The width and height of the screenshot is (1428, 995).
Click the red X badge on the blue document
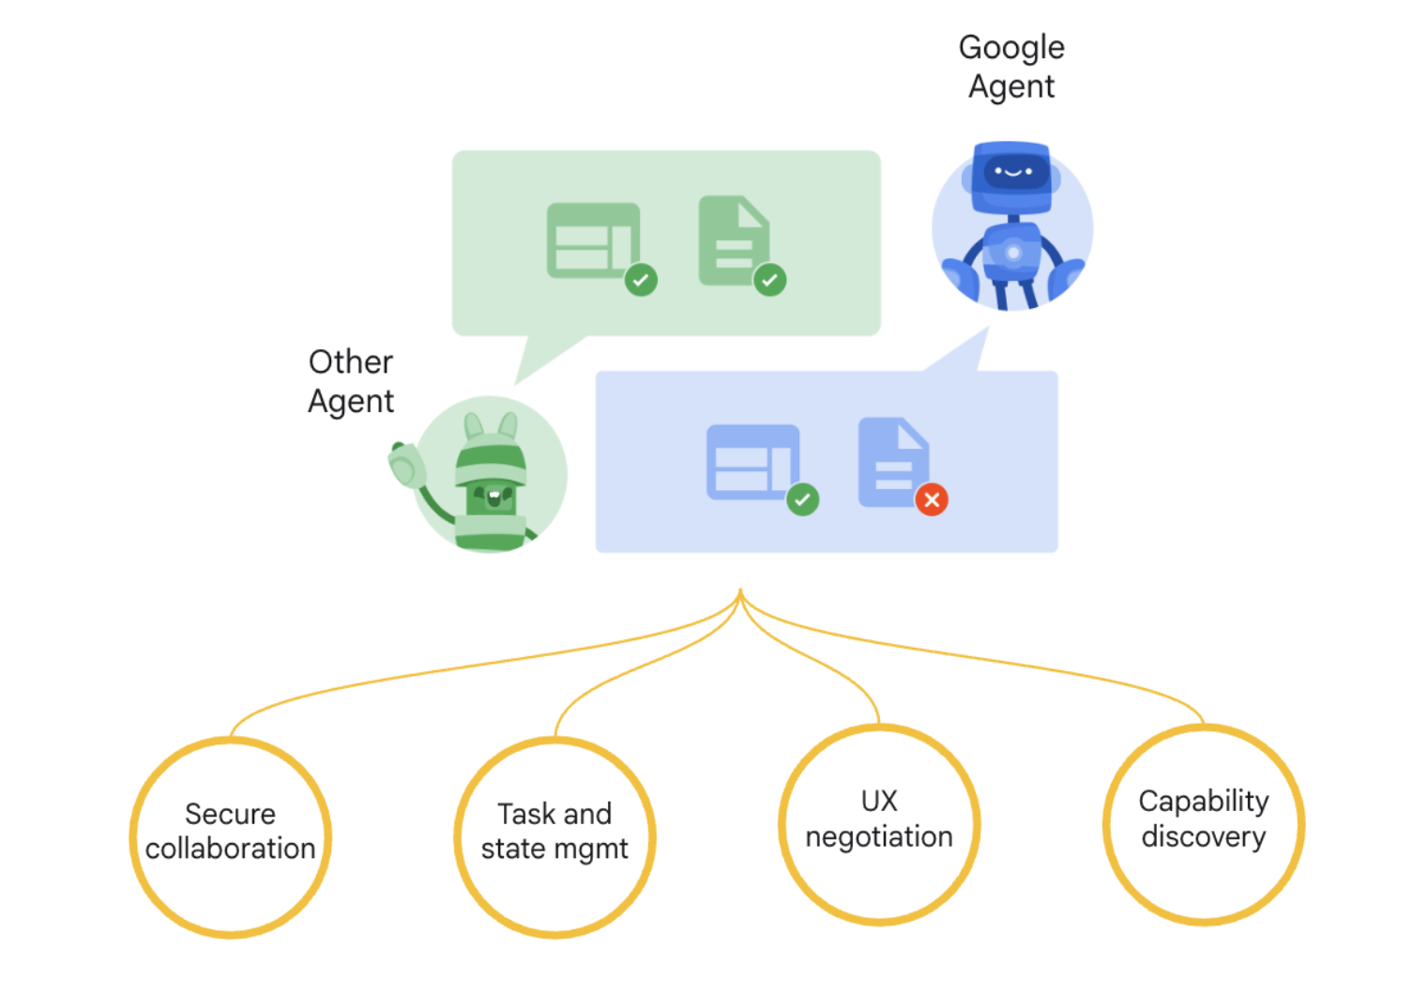click(x=932, y=499)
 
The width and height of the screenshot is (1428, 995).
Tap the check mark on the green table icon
click(x=641, y=280)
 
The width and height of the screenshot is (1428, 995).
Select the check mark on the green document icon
click(x=769, y=280)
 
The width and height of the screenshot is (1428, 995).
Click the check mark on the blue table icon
click(x=802, y=499)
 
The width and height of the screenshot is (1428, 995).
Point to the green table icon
click(x=591, y=240)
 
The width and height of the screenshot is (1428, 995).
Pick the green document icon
click(x=732, y=240)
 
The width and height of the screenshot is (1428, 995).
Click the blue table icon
click(x=752, y=461)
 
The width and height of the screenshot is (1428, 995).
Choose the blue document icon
click(x=891, y=461)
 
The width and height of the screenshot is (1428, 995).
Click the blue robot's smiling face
click(x=1012, y=173)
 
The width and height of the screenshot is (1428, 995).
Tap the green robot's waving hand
click(x=407, y=464)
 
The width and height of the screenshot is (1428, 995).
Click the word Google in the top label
click(x=1011, y=48)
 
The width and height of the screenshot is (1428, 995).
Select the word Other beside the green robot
click(x=351, y=362)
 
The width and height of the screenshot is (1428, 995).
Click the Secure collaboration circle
click(x=231, y=837)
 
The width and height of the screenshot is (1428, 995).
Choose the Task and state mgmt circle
click(x=554, y=837)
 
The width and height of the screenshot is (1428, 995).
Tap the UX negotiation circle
click(x=879, y=825)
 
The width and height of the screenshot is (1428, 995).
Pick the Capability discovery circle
click(x=1204, y=825)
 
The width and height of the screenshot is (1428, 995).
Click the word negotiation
click(x=879, y=836)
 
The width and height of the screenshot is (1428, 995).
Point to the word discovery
click(x=1204, y=836)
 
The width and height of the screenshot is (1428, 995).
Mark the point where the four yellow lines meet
click(x=740, y=591)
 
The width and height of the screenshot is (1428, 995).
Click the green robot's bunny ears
click(x=491, y=426)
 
